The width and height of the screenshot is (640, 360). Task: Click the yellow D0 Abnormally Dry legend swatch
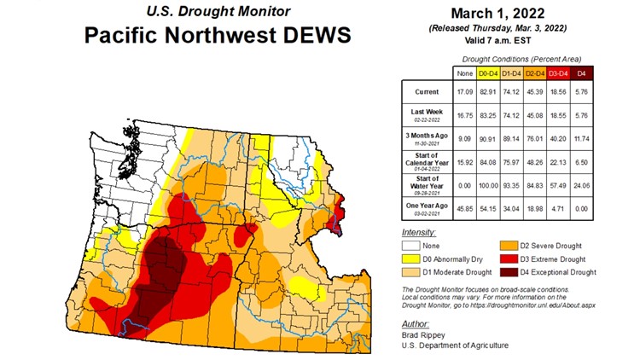(x=408, y=258)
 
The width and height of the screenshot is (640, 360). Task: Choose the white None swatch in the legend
(x=408, y=244)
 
